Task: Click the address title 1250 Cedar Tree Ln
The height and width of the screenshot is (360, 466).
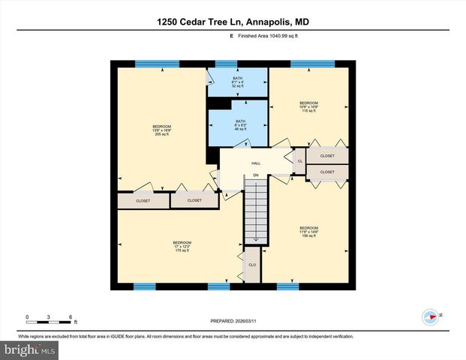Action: click(233, 22)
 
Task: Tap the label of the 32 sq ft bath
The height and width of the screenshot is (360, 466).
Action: click(238, 82)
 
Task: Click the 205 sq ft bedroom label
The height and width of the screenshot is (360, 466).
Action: click(162, 130)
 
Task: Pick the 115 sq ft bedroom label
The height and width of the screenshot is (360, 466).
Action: click(309, 107)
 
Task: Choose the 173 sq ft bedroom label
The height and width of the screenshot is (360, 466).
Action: click(182, 246)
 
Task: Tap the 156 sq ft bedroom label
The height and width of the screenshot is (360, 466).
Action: click(308, 232)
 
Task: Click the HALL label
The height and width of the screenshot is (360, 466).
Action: click(256, 161)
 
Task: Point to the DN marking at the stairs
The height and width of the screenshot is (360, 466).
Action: click(256, 176)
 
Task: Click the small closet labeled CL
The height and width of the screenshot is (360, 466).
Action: click(300, 161)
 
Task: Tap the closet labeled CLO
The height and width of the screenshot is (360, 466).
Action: click(252, 265)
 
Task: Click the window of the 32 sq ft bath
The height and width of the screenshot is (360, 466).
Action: click(226, 64)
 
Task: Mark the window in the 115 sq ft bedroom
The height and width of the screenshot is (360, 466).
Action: click(313, 64)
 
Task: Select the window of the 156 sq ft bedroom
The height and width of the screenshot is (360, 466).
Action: click(287, 286)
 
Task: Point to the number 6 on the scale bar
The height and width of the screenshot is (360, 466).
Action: click(70, 316)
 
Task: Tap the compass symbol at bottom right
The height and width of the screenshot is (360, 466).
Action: click(430, 316)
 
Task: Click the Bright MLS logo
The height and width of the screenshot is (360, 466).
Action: click(30, 349)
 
